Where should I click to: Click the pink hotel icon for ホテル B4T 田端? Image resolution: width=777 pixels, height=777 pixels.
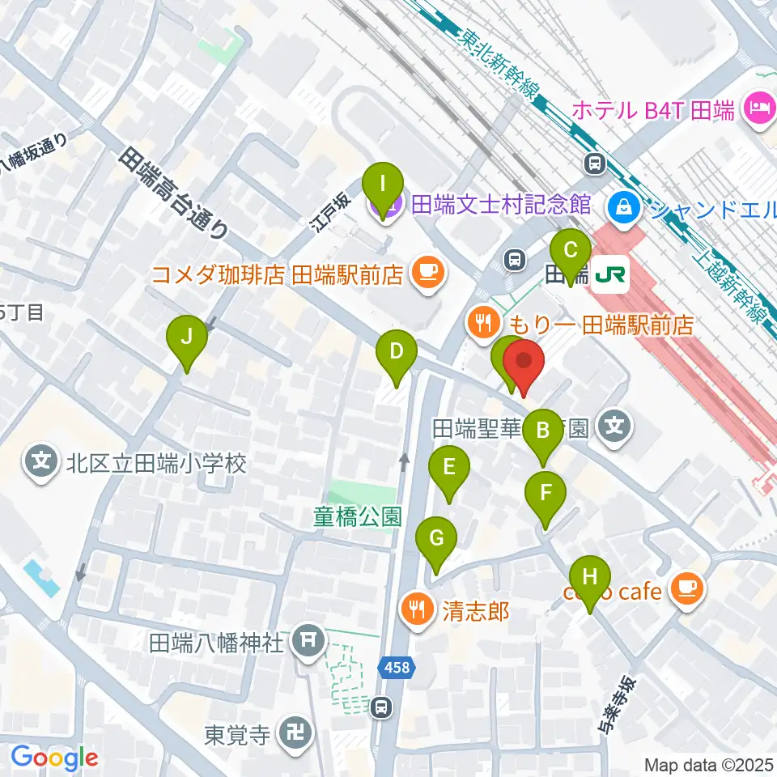coord(760,108)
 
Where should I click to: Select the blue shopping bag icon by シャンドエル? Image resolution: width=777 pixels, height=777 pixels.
coord(626,206)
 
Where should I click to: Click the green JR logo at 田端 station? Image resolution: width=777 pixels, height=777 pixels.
coord(611,274)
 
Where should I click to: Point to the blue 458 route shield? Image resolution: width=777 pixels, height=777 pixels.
coord(397,668)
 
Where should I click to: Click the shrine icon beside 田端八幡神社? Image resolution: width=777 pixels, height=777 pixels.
coord(308,643)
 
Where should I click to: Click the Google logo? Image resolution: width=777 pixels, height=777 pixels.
coord(54,758)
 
